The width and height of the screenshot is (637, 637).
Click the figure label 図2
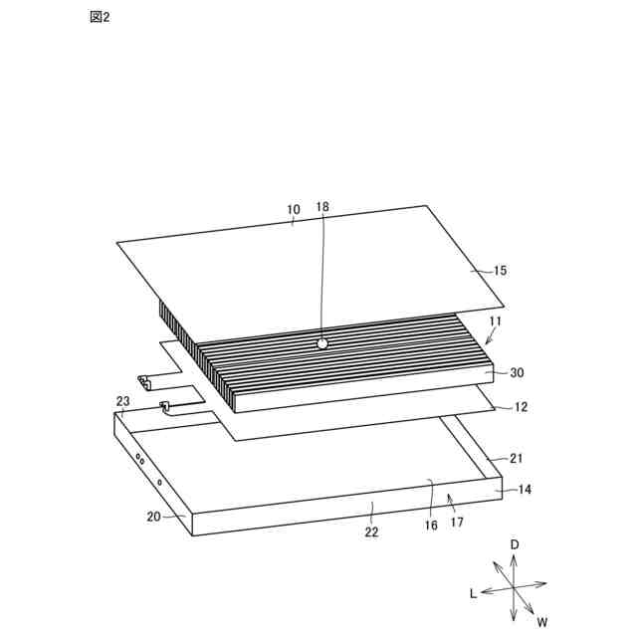[x=99, y=18]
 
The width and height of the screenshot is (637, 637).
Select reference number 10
[x=293, y=210]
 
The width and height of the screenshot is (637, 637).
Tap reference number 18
[x=321, y=207]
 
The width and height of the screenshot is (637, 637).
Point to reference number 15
[x=500, y=271]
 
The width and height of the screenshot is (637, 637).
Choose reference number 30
[x=517, y=373]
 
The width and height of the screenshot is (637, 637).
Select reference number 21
[x=517, y=459]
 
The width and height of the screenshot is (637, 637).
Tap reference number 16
[x=430, y=525]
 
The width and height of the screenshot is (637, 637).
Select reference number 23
[x=122, y=401]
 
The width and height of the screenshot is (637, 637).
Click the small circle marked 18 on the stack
[x=321, y=342]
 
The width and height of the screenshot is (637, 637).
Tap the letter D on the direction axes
[x=515, y=544]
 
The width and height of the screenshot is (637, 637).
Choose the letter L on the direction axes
[x=474, y=592]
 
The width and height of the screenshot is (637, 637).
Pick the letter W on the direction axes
[x=542, y=622]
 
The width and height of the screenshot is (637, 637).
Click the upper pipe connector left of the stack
[x=145, y=381]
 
